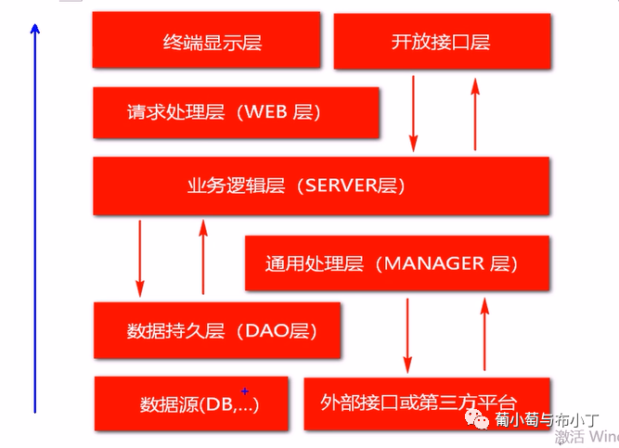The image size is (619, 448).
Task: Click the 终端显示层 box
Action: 206,40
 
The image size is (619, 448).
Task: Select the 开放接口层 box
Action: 442,41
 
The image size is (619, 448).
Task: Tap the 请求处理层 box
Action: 236,112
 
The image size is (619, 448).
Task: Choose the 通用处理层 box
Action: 396,262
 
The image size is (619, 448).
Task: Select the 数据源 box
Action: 198,403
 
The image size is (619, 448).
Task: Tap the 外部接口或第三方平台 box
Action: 427,403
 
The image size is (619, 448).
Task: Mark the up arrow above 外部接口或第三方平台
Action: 483,334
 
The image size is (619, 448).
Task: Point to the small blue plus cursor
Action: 245,391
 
